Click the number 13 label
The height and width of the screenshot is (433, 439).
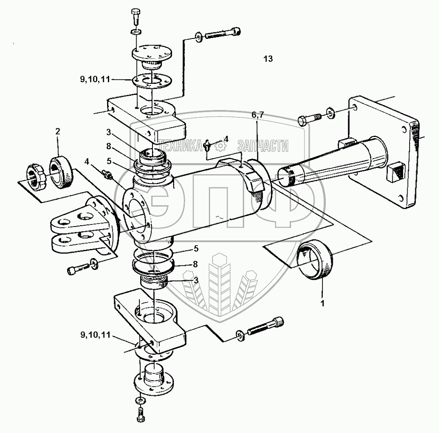(x=268, y=59)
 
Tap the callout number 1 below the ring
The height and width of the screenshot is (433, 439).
(x=322, y=303)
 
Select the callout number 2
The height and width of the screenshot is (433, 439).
(x=58, y=131)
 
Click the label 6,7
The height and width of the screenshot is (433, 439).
(x=258, y=114)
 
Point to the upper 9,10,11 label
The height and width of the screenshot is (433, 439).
(x=95, y=80)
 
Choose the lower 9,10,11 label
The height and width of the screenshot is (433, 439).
(x=96, y=335)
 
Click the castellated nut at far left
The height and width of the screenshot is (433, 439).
(x=36, y=175)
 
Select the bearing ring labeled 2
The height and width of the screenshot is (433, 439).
(x=61, y=173)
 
